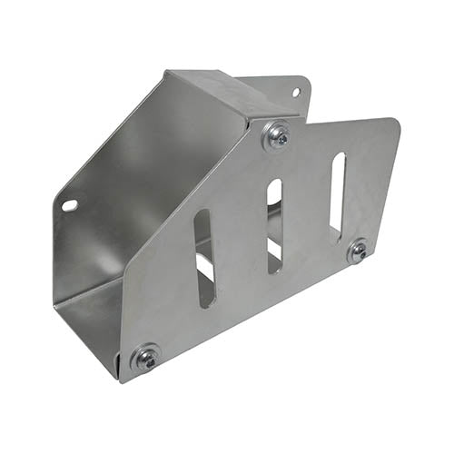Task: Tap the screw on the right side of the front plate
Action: tap(358, 252)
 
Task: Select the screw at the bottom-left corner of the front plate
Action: tap(146, 358)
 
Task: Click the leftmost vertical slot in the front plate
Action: tap(204, 258)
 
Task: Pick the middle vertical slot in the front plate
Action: tap(274, 225)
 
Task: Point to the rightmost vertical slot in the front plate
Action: tap(337, 196)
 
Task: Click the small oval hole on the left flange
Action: tap(70, 205)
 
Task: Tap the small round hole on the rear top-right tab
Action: tap(295, 92)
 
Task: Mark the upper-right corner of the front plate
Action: tap(392, 120)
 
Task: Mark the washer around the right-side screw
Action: tap(358, 252)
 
